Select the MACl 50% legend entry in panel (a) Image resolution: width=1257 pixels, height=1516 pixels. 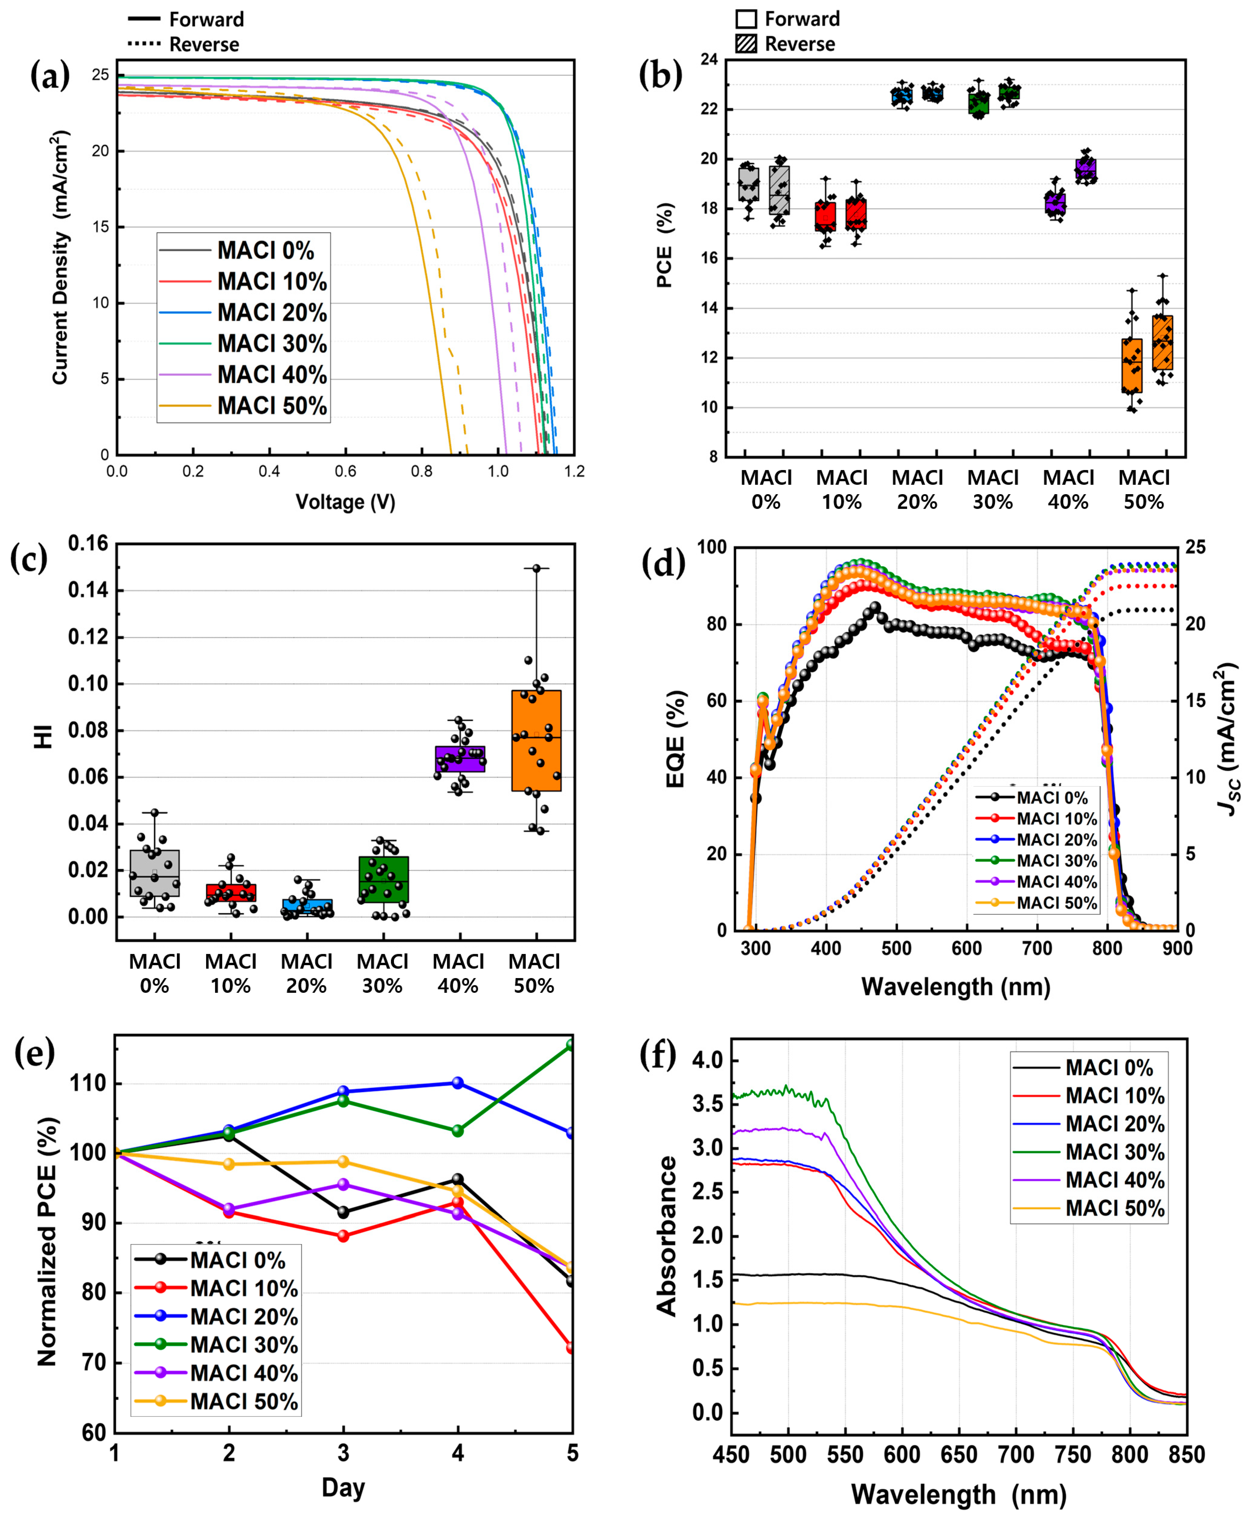(x=271, y=406)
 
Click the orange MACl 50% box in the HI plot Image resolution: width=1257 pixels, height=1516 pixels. (x=536, y=740)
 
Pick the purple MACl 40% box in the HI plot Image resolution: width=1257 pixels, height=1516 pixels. (x=460, y=759)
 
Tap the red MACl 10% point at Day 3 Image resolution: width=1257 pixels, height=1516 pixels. (x=344, y=1236)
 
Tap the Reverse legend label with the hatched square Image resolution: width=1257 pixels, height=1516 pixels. (x=799, y=44)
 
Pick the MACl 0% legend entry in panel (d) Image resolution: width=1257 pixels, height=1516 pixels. (x=1051, y=798)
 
